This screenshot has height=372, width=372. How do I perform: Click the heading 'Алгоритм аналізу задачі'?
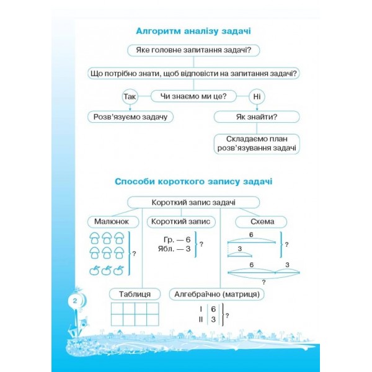tap(193, 30)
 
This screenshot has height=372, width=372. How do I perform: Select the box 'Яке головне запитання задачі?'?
tap(193, 51)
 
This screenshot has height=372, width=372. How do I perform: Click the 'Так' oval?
tap(129, 97)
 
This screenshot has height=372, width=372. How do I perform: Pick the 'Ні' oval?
tap(256, 97)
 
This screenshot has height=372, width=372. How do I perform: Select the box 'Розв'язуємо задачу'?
tap(130, 116)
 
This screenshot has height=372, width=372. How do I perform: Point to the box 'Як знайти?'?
tap(256, 117)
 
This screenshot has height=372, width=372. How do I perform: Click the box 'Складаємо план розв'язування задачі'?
tap(256, 143)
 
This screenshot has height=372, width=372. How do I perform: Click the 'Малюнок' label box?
tap(112, 221)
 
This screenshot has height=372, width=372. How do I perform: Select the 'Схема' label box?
tap(256, 221)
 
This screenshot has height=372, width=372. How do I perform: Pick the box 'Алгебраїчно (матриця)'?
tap(216, 294)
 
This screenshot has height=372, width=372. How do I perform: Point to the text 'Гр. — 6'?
tap(177, 239)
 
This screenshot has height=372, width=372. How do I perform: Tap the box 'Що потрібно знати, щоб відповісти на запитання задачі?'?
tap(193, 73)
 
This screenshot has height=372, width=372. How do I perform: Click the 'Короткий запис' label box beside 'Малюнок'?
tap(181, 221)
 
